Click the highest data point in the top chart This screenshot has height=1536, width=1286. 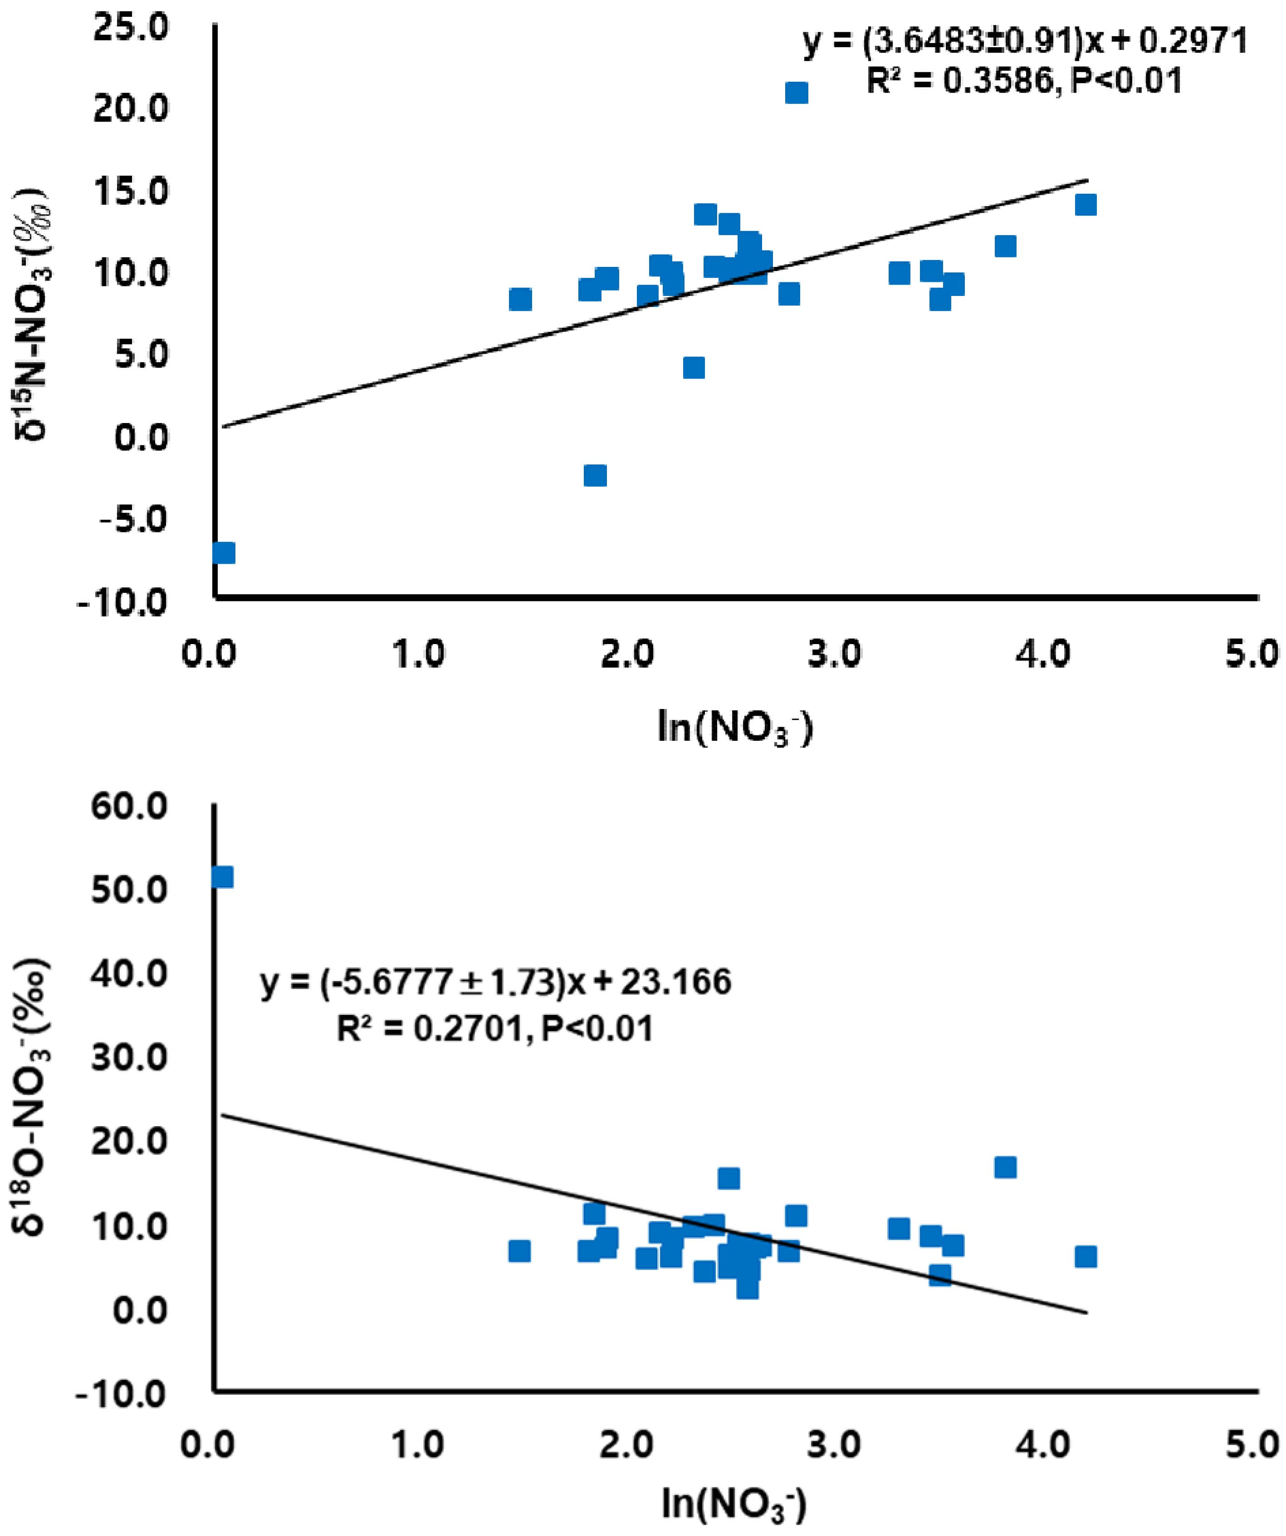pos(796,93)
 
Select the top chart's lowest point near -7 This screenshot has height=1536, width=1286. pos(224,553)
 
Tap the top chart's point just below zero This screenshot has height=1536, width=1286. pos(595,475)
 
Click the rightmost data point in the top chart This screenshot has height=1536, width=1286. pos(1086,205)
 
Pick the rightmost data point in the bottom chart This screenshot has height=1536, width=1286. pos(1086,1256)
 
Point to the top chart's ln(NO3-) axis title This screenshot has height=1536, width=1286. pos(735,730)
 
